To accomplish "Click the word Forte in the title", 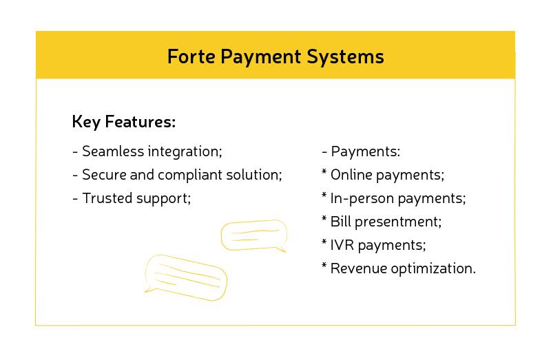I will (x=191, y=56).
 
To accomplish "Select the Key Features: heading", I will (x=124, y=123).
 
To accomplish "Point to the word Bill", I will (x=342, y=222).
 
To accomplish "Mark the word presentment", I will (x=398, y=222).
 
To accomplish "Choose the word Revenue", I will (x=358, y=268).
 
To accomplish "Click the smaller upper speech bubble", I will (x=252, y=235).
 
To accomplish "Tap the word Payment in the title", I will (x=262, y=56).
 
